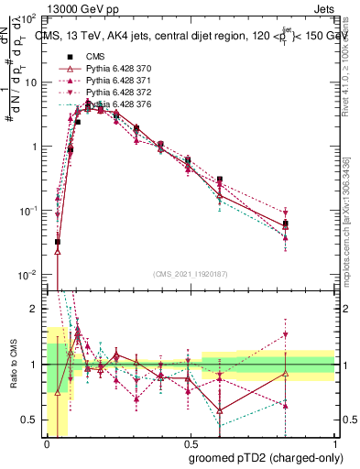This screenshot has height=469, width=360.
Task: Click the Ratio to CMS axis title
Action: (x=13, y=365)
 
